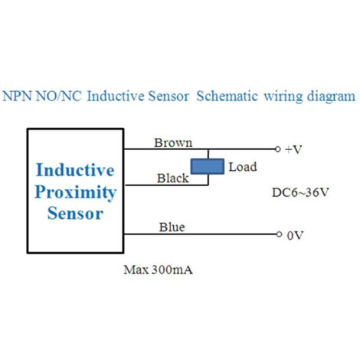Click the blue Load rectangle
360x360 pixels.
[208, 166]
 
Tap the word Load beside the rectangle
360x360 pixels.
[243, 167]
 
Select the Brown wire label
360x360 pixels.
[173, 142]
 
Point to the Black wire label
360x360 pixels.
[173, 178]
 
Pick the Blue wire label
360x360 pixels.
[172, 227]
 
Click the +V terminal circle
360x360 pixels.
[278, 149]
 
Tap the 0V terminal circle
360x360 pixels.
[279, 234]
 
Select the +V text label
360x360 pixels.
[293, 149]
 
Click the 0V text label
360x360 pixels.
[295, 235]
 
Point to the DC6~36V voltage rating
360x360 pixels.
[300, 192]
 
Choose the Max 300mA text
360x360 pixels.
[158, 270]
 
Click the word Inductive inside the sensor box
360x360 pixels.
[75, 170]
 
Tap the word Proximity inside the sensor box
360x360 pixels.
[76, 192]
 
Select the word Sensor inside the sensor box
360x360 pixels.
[75, 213]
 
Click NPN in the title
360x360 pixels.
[17, 97]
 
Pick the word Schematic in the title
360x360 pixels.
[227, 97]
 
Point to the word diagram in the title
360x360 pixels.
[331, 97]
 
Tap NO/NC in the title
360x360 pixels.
[59, 97]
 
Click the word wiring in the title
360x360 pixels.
[283, 97]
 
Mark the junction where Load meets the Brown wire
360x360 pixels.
[208, 149]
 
